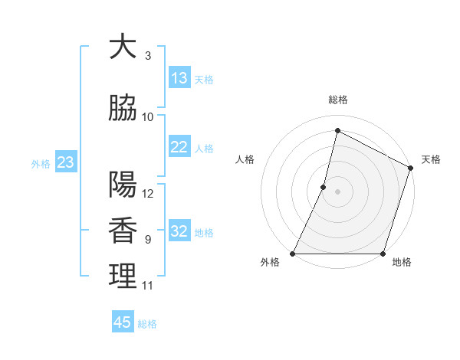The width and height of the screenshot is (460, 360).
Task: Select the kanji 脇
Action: (123, 107)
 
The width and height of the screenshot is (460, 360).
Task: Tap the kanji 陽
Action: (123, 185)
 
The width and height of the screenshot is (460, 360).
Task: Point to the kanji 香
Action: (123, 231)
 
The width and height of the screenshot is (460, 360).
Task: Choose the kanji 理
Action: (123, 277)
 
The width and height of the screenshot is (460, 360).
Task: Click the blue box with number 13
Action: (179, 78)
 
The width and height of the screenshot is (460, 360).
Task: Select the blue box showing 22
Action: (179, 147)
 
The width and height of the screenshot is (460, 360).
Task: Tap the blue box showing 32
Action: (179, 231)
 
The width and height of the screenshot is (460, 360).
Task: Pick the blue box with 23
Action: (66, 162)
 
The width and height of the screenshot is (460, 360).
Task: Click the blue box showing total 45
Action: (123, 322)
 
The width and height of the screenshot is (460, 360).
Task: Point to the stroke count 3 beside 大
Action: (148, 56)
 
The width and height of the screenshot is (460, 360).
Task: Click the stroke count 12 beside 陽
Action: (149, 194)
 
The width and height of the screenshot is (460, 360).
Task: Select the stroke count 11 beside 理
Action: (148, 286)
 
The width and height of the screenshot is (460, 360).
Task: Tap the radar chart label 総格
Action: (337, 100)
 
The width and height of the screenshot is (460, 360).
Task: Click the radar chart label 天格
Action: (431, 159)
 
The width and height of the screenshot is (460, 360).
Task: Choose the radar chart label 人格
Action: (245, 159)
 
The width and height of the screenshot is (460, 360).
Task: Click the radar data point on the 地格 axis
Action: (383, 254)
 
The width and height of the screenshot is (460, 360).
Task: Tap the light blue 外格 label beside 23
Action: (40, 163)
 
